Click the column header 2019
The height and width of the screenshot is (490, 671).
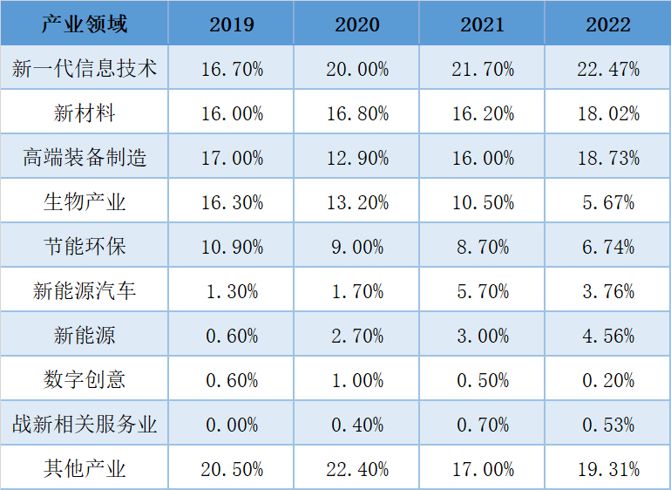tap(232, 24)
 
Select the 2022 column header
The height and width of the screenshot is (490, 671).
tap(608, 24)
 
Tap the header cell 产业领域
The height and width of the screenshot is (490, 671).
tap(85, 24)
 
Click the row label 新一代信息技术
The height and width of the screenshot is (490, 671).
tap(85, 69)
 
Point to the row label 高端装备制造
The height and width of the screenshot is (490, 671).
tap(85, 158)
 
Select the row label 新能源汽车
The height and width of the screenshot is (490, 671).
tap(85, 291)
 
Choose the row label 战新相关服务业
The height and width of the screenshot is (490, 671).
tap(85, 425)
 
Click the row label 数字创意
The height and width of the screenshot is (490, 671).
tap(85, 380)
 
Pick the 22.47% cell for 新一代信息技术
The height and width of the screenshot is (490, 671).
tap(608, 69)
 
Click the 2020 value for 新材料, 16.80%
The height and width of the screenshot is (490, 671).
tap(357, 113)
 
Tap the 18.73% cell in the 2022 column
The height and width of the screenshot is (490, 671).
tap(608, 158)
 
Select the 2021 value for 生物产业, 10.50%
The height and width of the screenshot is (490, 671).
tap(483, 202)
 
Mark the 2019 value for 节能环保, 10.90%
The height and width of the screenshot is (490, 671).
tap(232, 247)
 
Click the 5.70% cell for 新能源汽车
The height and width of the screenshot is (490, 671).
tap(483, 291)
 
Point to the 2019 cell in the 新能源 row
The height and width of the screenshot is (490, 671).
tap(232, 336)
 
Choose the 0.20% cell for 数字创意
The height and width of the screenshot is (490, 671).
tap(608, 380)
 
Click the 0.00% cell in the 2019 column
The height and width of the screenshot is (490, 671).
tap(232, 425)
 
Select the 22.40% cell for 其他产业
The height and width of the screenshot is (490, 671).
tap(357, 469)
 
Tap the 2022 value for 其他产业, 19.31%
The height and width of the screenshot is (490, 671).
tap(608, 469)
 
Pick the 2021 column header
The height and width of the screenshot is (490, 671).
tap(483, 24)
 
